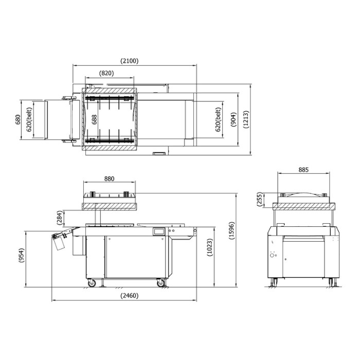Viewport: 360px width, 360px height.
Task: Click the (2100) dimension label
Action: pos(130,61)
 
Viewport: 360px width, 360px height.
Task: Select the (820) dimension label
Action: pos(106,73)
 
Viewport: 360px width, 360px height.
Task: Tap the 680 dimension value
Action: pos(17,119)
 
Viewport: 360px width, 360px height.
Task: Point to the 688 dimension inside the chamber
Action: pos(94,119)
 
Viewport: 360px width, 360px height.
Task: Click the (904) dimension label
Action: pos(233,119)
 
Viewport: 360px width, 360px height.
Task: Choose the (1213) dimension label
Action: pos(246,119)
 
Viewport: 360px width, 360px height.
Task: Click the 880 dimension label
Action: pos(109,178)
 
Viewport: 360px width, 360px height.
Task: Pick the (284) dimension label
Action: pos(60,218)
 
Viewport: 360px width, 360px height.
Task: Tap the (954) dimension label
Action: pos(21,255)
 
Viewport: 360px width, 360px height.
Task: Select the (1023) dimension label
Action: pos(210,247)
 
